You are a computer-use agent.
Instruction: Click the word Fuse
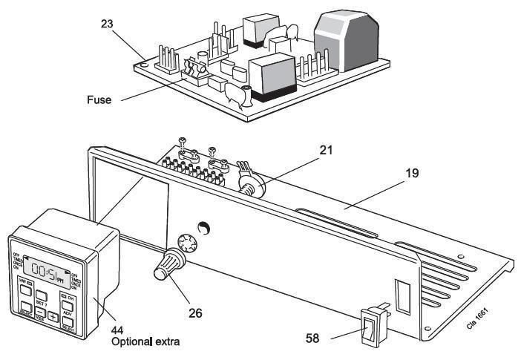97,99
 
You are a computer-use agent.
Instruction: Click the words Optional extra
147,344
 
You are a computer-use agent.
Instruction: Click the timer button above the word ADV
68,304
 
